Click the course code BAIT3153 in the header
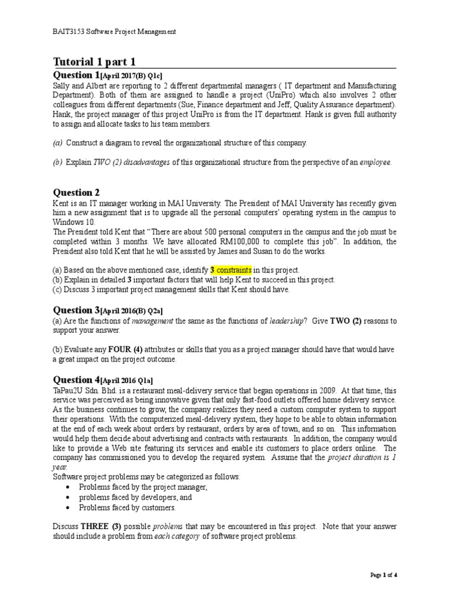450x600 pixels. pyautogui.click(x=69, y=31)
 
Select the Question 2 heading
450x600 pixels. pyautogui.click(x=76, y=192)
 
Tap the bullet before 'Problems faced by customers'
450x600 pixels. pyautogui.click(x=70, y=508)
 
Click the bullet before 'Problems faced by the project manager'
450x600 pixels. pyautogui.click(x=70, y=487)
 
